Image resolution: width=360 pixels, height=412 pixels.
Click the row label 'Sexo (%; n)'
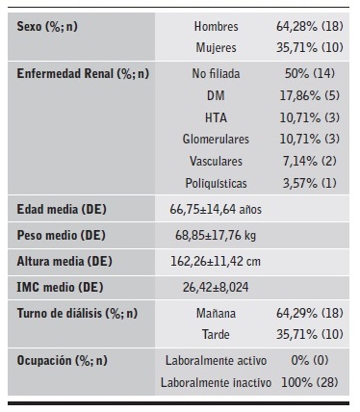tap(48, 26)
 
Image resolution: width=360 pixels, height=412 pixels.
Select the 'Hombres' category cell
tap(217, 26)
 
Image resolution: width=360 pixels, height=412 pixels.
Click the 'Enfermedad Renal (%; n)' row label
tap(80, 73)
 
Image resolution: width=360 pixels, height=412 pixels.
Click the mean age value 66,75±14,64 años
tap(218, 209)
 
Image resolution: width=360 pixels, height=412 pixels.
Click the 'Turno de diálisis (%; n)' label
tap(78, 313)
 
